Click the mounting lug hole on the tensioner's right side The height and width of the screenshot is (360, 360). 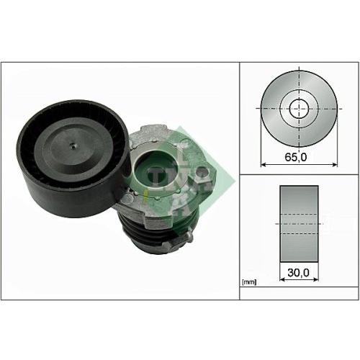click(x=202, y=172)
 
